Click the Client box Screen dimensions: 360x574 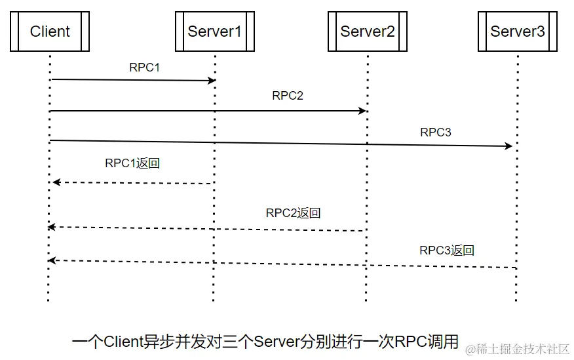(50, 31)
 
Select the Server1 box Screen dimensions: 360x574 (214, 31)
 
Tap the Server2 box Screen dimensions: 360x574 (368, 31)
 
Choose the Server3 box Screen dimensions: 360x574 (517, 31)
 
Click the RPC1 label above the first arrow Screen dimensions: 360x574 (145, 67)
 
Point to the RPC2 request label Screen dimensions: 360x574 (288, 95)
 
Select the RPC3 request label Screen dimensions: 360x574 (436, 132)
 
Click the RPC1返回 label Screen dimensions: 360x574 (132, 163)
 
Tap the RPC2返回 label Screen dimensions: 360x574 (293, 213)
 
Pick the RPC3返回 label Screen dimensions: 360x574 (447, 250)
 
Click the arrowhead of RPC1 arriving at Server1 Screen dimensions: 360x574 (212, 81)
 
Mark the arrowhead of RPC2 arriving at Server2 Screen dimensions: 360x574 (362, 111)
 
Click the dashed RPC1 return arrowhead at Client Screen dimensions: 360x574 (56, 182)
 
